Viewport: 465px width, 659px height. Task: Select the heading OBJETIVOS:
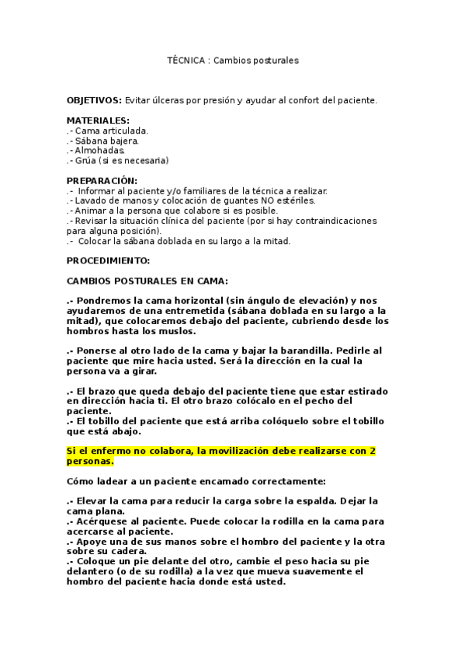[94, 101]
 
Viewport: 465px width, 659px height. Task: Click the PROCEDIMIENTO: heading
[108, 261]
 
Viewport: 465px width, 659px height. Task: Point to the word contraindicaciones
[333, 221]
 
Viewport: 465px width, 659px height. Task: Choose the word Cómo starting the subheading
[80, 481]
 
